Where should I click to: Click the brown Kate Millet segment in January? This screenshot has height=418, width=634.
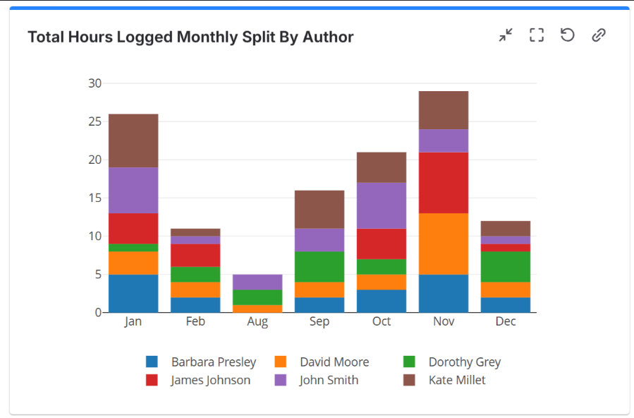[x=133, y=141]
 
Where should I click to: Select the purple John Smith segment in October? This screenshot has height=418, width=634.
[x=382, y=205]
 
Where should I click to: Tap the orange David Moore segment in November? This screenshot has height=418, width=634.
[x=444, y=244]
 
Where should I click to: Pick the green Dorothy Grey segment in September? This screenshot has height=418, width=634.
[x=319, y=266]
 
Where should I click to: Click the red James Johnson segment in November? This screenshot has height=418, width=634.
[x=444, y=182]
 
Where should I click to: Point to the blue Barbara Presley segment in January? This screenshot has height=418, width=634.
[x=133, y=293]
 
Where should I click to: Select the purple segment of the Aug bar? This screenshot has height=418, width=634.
[x=257, y=282]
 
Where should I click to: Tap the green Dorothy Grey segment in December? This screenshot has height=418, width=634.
[x=506, y=266]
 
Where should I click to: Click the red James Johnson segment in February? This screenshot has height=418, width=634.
[x=195, y=255]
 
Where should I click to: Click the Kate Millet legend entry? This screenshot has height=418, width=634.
[x=456, y=380]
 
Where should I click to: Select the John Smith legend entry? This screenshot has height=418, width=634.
[x=329, y=380]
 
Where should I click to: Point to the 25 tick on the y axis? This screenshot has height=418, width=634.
[x=95, y=121]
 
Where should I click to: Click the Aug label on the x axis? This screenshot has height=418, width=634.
[x=257, y=322]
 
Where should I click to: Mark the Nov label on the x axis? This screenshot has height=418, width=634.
[x=444, y=322]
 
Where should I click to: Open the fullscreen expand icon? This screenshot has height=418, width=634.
[x=537, y=35]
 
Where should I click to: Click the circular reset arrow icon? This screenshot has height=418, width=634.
[x=568, y=35]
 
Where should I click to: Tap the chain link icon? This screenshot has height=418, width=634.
[x=599, y=35]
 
